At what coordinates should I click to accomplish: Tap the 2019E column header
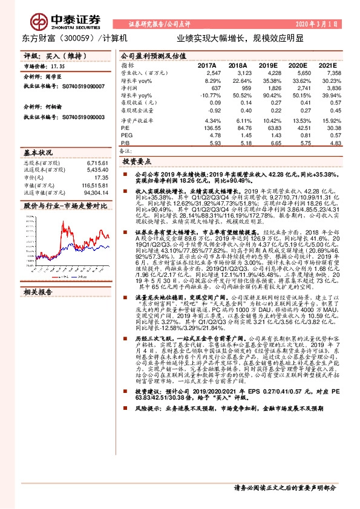[267, 65]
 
